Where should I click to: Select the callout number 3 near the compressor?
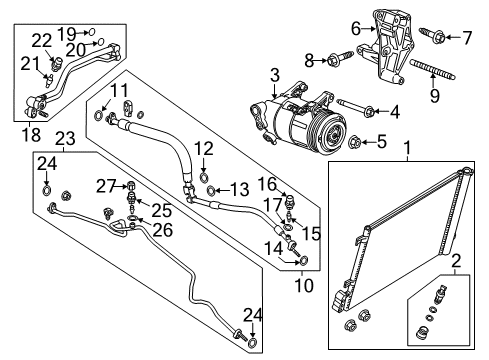273,74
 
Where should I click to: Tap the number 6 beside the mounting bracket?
355,29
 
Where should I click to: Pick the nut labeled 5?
357,141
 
